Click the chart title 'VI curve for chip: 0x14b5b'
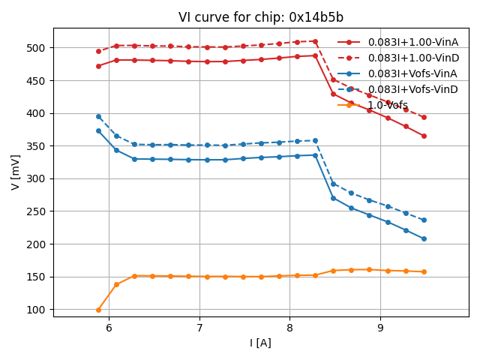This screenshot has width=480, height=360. tap(261, 17)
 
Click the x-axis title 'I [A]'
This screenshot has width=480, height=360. tap(261, 343)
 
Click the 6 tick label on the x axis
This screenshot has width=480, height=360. tap(109, 328)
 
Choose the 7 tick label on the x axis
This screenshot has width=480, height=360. tap(199, 328)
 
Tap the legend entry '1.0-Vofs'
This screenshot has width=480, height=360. tap(388, 105)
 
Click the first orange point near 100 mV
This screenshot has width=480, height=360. tap(98, 310)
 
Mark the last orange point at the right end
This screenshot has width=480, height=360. tap(424, 271)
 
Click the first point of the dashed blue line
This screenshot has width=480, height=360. tap(98, 116)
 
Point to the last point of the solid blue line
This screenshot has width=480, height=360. tap(424, 238)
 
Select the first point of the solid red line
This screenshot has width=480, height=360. tap(98, 66)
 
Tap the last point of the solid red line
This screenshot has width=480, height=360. tap(424, 136)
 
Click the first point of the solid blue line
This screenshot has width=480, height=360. tap(98, 130)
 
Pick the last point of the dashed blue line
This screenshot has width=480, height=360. tap(424, 220)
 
